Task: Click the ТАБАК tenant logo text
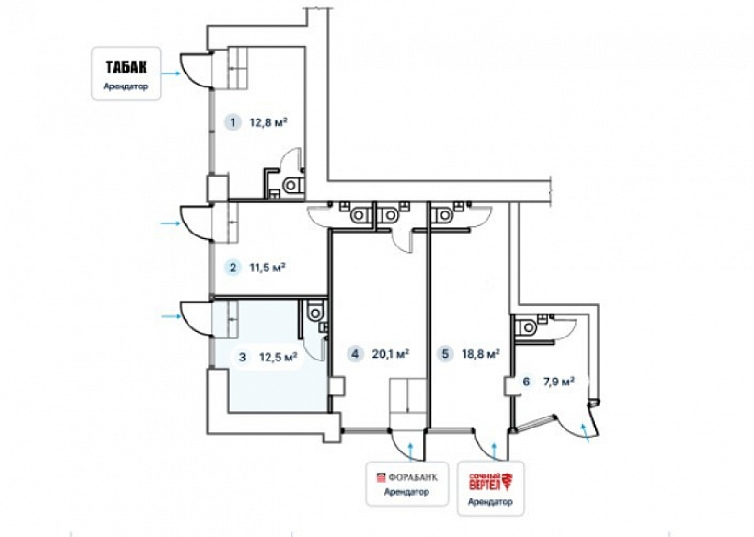(126, 66)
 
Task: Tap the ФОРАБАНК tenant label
(406, 477)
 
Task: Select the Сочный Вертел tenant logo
(490, 482)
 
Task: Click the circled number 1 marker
(234, 122)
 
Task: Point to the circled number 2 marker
(234, 267)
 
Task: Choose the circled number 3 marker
(242, 357)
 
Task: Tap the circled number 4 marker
(355, 354)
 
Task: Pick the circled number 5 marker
(445, 354)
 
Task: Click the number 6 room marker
(526, 382)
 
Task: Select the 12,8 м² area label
(268, 122)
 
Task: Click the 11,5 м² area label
(268, 267)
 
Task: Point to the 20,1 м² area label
(391, 354)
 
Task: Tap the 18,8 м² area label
(481, 354)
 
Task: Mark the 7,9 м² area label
(559, 382)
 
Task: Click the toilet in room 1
(292, 185)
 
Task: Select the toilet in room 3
(315, 311)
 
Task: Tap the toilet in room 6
(526, 327)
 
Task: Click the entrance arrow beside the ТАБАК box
(171, 73)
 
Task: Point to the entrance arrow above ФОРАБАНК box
(411, 451)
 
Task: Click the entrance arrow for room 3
(171, 316)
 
